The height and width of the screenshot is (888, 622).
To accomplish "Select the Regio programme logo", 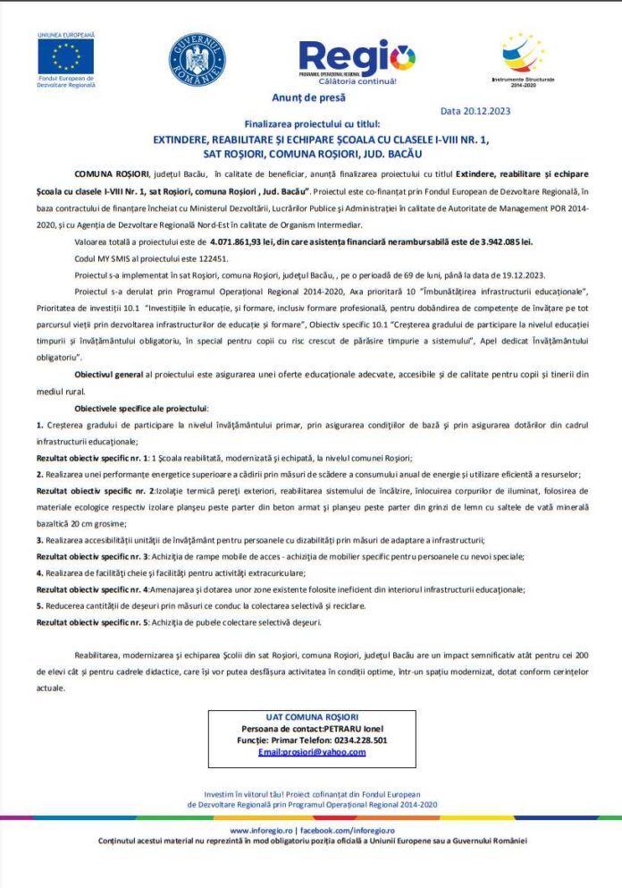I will click(357, 60).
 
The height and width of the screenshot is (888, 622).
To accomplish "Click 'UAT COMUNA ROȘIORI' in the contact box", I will click(312, 717).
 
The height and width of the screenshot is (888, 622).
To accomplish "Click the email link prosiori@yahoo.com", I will click(312, 752).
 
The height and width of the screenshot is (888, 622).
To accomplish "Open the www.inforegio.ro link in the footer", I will click(261, 830).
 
